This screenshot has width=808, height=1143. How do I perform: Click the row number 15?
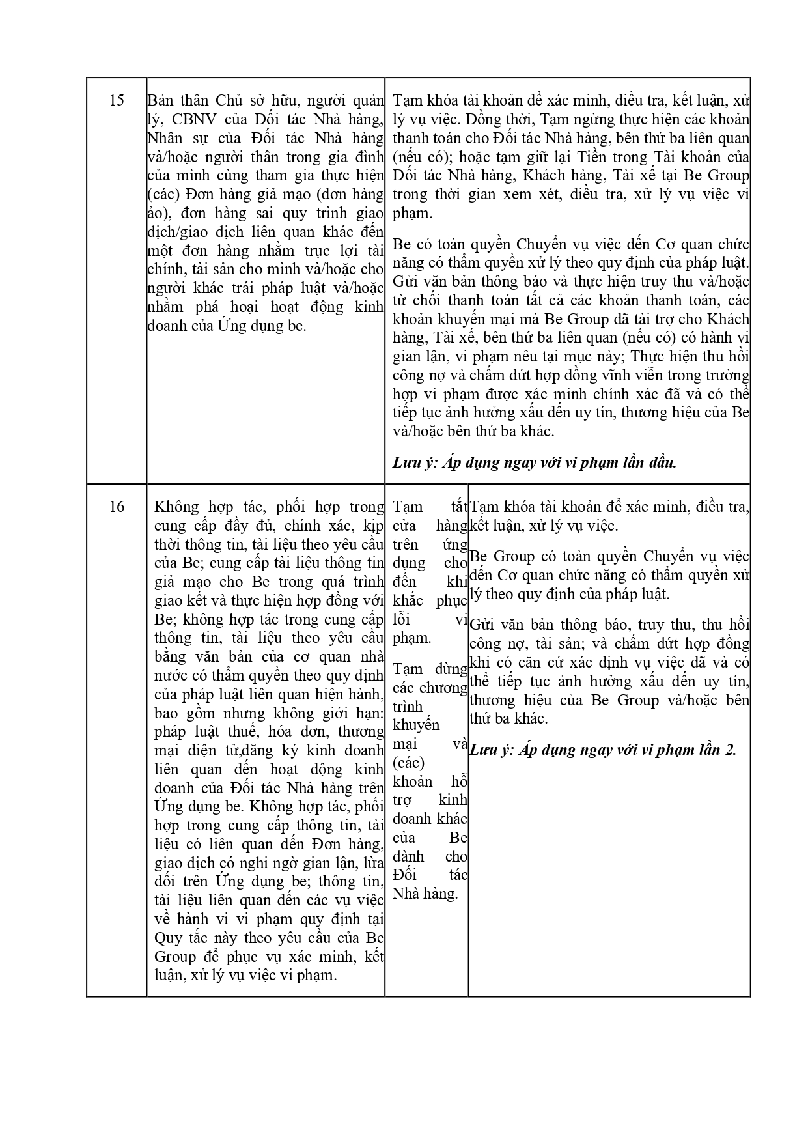pos(117,100)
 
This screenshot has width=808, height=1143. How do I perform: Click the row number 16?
pos(117,507)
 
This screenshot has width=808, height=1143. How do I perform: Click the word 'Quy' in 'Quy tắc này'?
pos(169,938)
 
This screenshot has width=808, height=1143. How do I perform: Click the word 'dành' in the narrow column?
pos(408,856)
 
